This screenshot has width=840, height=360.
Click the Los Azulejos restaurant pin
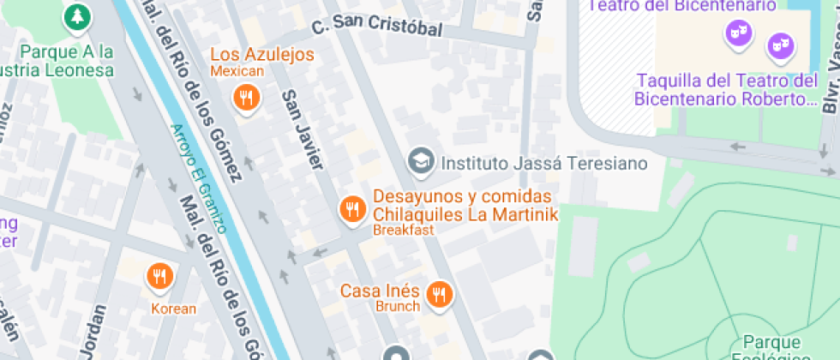coord(247,97)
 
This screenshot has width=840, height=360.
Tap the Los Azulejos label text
coord(263,54)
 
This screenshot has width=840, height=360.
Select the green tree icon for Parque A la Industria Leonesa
coord(77,15)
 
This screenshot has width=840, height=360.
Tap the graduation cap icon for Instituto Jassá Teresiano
coord(420,160)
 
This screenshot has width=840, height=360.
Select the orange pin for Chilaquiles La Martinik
coord(351,209)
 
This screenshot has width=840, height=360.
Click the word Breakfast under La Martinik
coord(404,230)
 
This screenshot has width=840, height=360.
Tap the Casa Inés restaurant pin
coord(440,295)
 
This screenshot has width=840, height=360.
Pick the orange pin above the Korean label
coord(159,276)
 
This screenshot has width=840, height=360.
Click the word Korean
coord(174,309)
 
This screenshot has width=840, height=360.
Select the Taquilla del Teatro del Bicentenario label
coord(727,89)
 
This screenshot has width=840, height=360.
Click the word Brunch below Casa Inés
coord(398,306)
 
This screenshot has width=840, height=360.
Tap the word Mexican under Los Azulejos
coord(237,71)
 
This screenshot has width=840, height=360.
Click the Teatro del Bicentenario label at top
coord(681,5)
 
